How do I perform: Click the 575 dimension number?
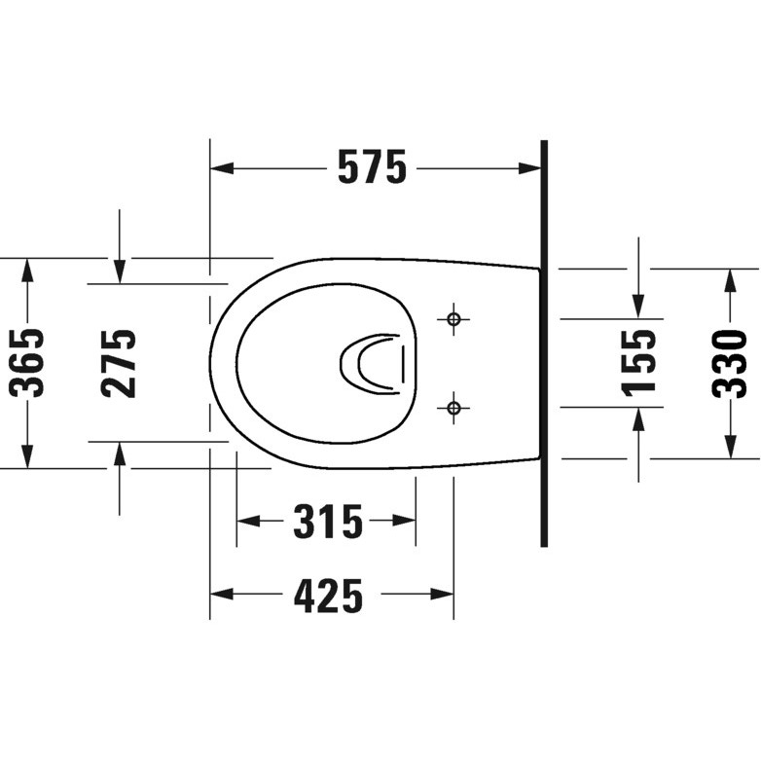tap(373, 167)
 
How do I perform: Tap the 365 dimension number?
tap(27, 363)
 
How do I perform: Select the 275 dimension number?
tap(119, 364)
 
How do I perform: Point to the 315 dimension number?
tap(328, 522)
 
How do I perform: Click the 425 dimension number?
tap(328, 596)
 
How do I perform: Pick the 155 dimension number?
tap(638, 363)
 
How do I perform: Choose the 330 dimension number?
tap(729, 364)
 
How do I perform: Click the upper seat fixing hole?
tap(453, 319)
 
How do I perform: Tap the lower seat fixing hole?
tap(453, 408)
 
